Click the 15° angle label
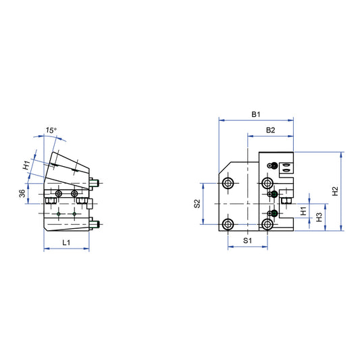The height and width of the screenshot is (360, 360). [x=51, y=130]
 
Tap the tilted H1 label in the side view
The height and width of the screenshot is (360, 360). [x=26, y=165]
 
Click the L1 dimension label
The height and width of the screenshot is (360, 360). [x=66, y=242]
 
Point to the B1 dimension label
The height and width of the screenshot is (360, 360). [x=256, y=115]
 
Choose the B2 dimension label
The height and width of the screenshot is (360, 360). [x=270, y=129]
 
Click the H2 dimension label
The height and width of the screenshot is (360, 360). [x=335, y=191]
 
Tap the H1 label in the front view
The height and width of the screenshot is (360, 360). [x=303, y=211]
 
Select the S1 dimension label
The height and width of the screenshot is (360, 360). [x=248, y=240]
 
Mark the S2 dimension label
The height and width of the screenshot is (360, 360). [x=197, y=203]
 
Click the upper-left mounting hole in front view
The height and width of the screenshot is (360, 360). [x=228, y=184]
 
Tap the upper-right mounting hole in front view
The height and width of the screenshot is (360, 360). [x=268, y=183]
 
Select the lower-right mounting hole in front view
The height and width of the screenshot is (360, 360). [x=268, y=224]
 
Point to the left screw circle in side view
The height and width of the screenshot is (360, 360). [x=59, y=195]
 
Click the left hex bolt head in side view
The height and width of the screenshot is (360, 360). [x=49, y=201]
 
